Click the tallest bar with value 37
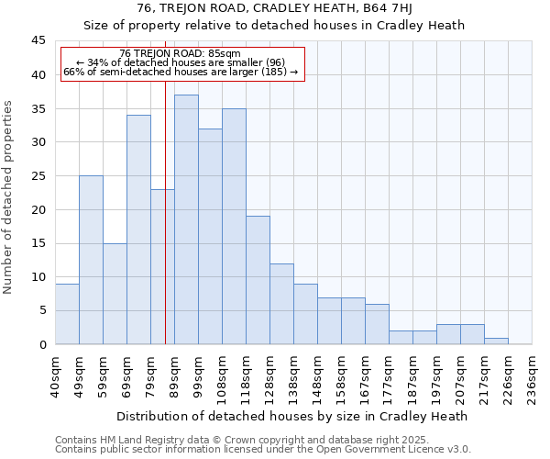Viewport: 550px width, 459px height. tap(186, 219)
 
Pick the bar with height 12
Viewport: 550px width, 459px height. tap(281, 304)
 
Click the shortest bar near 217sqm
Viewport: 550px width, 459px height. tap(496, 341)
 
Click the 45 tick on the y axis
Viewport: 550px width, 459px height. tap(39, 40)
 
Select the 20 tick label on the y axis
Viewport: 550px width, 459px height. tap(39, 209)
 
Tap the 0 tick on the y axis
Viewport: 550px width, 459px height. tap(42, 344)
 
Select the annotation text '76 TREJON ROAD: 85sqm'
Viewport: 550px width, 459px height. tap(180, 53)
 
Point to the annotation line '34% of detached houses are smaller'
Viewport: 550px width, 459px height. tap(181, 62)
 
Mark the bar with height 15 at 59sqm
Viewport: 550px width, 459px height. tap(115, 294)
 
